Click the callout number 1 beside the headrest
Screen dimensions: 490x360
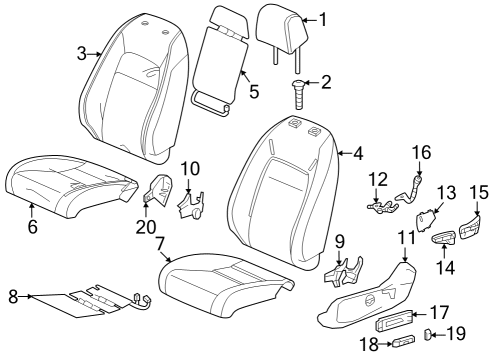tap(323, 19)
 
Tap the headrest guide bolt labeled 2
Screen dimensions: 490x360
tap(299, 94)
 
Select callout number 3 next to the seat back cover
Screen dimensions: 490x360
tap(82, 53)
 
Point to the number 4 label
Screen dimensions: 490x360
tap(358, 153)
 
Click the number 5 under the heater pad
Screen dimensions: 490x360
tap(254, 91)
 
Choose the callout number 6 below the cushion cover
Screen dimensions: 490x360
tap(32, 227)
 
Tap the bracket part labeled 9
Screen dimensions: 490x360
tap(344, 273)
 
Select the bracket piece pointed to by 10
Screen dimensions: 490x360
tap(191, 206)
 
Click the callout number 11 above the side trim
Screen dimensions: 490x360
tap(407, 238)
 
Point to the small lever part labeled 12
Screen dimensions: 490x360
tap(382, 207)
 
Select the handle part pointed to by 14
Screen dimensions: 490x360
tap(444, 237)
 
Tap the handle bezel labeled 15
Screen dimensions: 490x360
tap(470, 228)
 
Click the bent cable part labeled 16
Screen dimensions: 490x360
tap(409, 192)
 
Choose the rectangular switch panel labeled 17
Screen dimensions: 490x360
tap(394, 320)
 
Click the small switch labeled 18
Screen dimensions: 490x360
tap(404, 341)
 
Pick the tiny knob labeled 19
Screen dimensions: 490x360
tap(427, 334)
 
